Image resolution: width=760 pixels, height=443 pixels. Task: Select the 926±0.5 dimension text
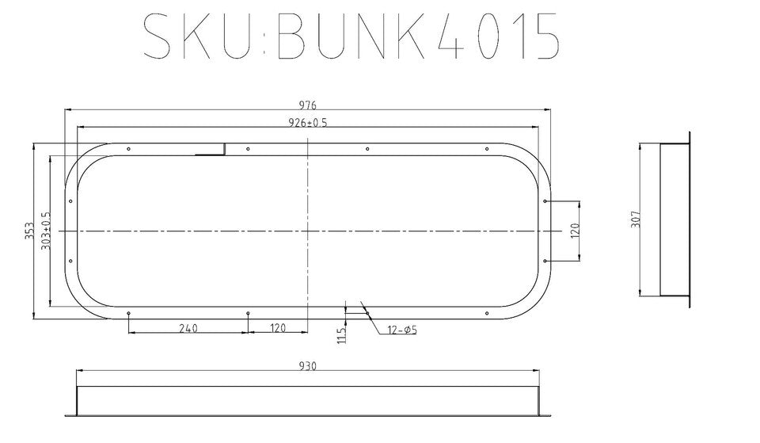click(308, 122)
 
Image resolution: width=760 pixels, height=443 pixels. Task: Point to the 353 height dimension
click(28, 231)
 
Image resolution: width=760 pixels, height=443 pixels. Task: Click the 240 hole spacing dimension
click(188, 327)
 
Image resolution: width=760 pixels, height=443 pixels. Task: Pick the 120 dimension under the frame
click(278, 327)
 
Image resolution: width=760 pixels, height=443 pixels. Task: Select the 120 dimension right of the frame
click(576, 231)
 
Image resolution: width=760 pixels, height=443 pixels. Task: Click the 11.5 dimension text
click(340, 335)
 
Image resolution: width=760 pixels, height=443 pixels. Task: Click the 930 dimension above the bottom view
click(308, 366)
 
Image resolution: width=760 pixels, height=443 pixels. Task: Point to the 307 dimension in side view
click(635, 220)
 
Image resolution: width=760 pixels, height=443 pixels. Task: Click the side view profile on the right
click(674, 220)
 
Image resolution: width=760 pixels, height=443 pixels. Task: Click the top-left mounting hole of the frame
click(128, 149)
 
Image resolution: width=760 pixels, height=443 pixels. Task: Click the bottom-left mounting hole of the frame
click(128, 313)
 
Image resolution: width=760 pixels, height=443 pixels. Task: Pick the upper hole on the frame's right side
click(546, 201)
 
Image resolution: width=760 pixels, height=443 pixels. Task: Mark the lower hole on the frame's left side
click(70, 261)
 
